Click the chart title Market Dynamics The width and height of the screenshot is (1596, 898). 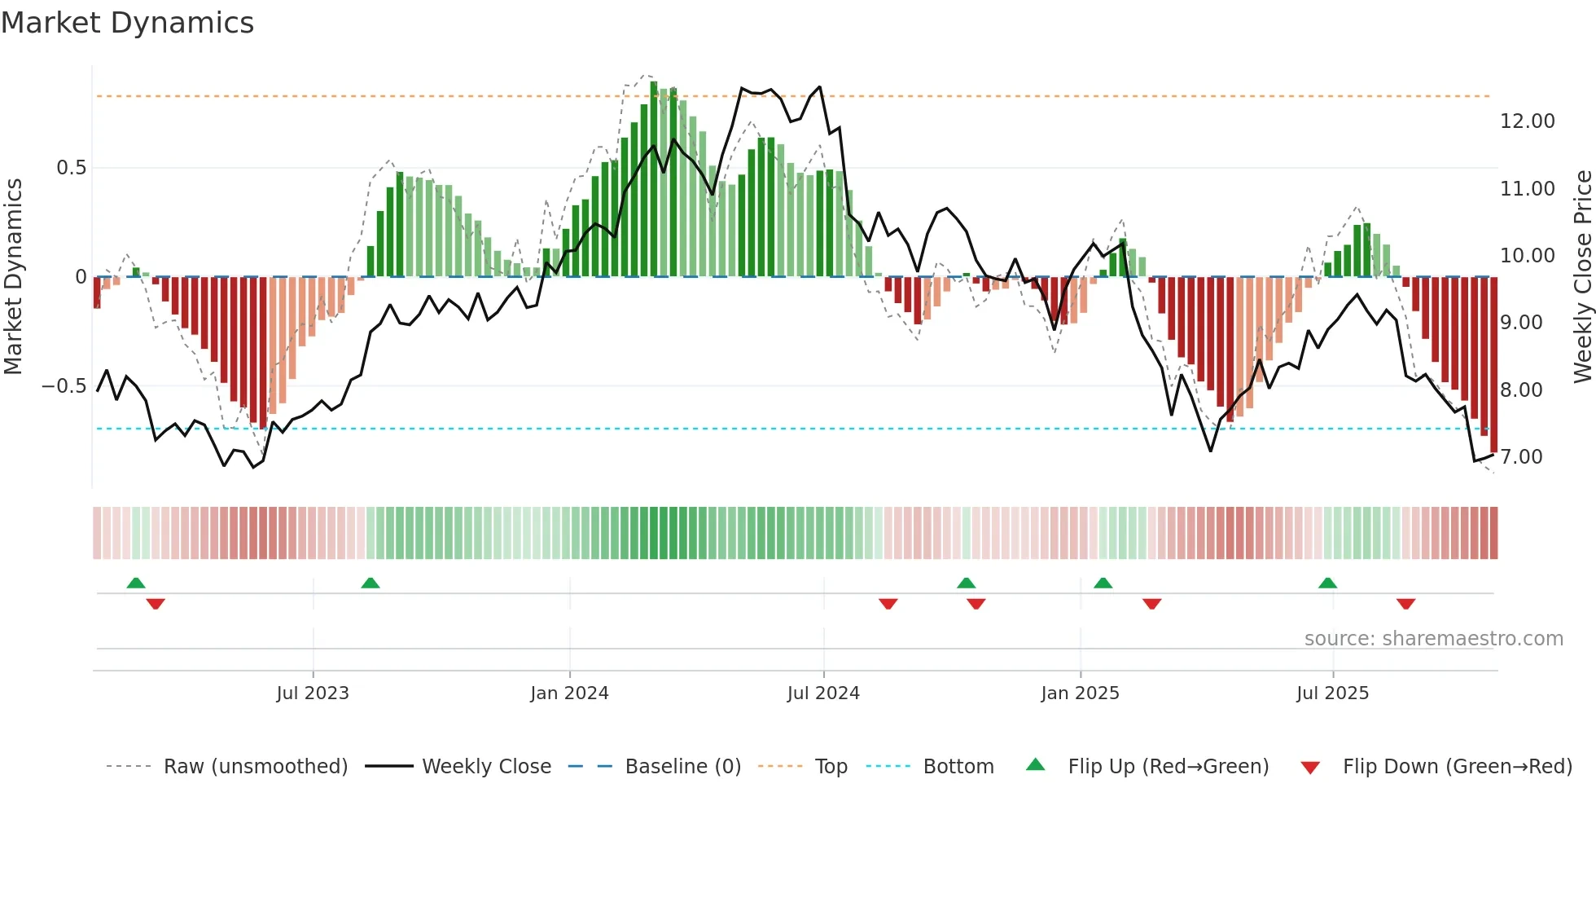click(127, 23)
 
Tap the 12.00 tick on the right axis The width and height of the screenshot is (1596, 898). click(1527, 121)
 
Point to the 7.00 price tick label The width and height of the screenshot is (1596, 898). click(1521, 457)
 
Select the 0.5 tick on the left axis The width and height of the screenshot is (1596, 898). click(71, 168)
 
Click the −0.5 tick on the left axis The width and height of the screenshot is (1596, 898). click(64, 386)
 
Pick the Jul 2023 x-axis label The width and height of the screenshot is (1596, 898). click(313, 693)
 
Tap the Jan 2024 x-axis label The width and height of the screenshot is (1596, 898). click(569, 693)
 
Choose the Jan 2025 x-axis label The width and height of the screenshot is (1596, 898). click(1080, 693)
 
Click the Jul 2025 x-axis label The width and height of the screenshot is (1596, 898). click(1332, 693)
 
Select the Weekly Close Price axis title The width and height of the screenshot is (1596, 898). click(1582, 277)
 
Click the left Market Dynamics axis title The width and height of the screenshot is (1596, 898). click(14, 277)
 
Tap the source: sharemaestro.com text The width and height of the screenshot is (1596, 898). click(1433, 639)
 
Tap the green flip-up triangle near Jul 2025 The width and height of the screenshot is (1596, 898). click(1327, 583)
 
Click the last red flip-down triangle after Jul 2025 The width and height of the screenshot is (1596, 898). click(1405, 604)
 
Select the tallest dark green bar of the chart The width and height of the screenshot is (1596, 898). click(654, 179)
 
